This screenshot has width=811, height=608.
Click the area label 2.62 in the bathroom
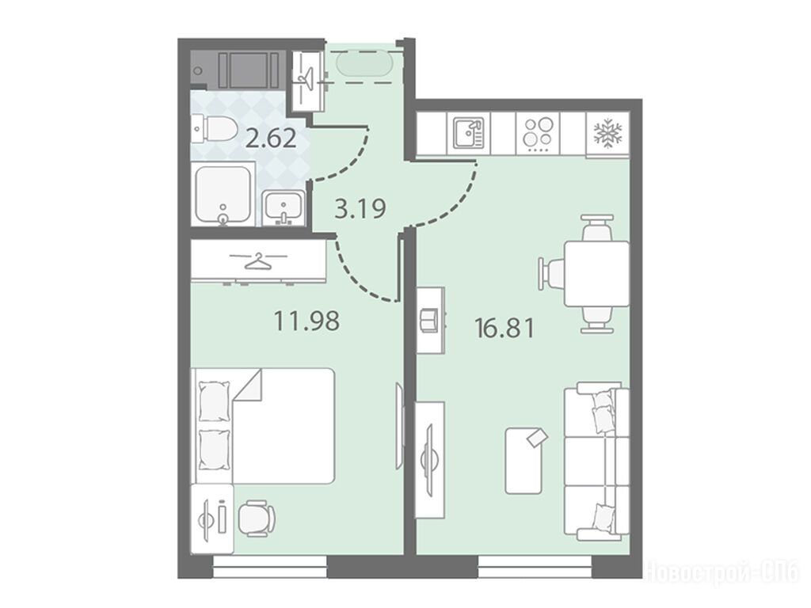click(x=271, y=139)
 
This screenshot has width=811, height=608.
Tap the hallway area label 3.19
click(x=360, y=209)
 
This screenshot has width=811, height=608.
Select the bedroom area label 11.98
click(x=307, y=321)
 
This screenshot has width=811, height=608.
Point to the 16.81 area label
click(x=504, y=328)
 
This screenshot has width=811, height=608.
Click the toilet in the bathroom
click(x=214, y=128)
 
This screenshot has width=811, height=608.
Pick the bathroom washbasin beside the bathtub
click(x=283, y=208)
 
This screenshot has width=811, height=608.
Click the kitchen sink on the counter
click(x=469, y=133)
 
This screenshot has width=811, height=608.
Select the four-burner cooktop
click(x=538, y=133)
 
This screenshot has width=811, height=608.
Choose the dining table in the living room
click(x=596, y=273)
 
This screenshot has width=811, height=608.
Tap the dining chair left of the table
click(x=551, y=274)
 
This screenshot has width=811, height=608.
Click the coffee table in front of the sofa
click(x=525, y=460)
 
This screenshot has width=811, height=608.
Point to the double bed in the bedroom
click(x=263, y=425)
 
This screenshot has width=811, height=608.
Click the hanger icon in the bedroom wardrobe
click(x=259, y=262)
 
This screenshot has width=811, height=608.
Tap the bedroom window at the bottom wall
click(x=270, y=567)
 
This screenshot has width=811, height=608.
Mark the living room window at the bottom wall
click(x=535, y=567)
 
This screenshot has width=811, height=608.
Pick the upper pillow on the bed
click(x=214, y=401)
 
